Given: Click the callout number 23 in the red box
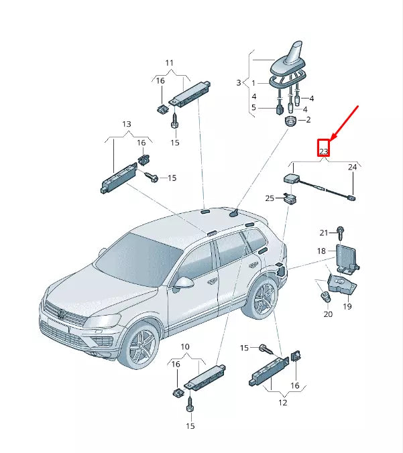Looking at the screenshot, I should [x=323, y=151].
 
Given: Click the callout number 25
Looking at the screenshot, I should [x=270, y=198].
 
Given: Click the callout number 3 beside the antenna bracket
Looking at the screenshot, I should [x=238, y=82].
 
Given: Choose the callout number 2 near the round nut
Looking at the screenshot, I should [x=308, y=120].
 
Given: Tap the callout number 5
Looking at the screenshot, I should [x=253, y=107].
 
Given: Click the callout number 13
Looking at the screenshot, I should [x=126, y=125].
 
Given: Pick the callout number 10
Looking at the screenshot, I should [x=185, y=346].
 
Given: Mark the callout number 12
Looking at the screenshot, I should [x=282, y=403].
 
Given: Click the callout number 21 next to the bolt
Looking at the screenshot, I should [x=324, y=233].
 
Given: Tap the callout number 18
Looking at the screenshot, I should [x=321, y=251].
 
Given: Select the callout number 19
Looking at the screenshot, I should [x=347, y=306].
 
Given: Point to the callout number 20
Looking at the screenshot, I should [x=327, y=314].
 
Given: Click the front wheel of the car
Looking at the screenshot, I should [x=141, y=346].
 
